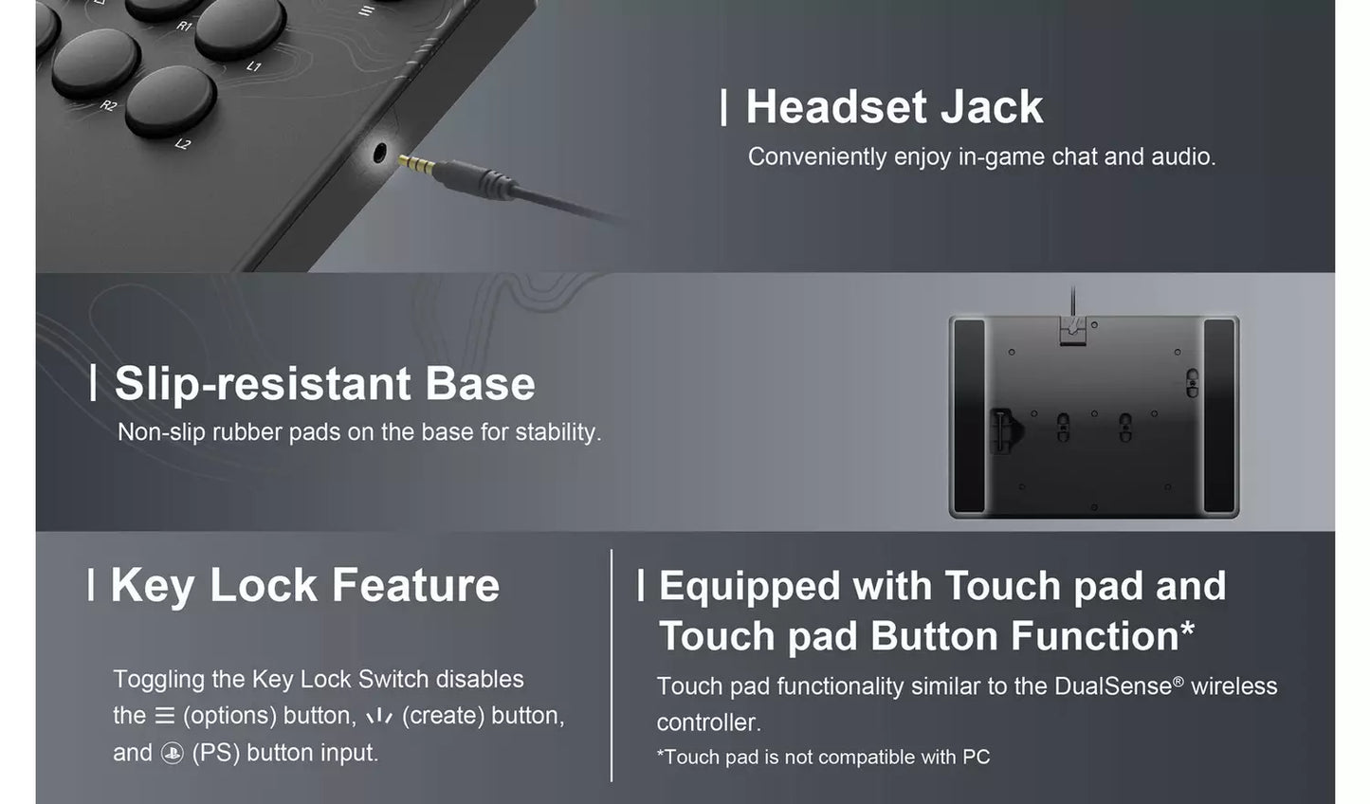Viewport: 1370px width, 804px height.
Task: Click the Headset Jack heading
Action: [x=893, y=107]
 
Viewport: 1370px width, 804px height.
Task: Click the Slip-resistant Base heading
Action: [x=324, y=384]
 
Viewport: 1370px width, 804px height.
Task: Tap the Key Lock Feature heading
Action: [x=304, y=585]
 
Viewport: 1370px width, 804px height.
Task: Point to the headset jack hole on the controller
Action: [x=381, y=152]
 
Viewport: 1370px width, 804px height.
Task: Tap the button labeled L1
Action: [x=241, y=26]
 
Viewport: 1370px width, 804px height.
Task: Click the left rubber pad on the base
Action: [x=969, y=416]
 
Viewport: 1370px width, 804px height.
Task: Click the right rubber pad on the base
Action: [x=1219, y=416]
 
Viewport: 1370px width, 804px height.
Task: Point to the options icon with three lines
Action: [x=164, y=716]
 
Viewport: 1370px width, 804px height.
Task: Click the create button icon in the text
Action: [x=379, y=716]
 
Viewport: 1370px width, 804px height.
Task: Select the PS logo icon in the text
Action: [x=172, y=754]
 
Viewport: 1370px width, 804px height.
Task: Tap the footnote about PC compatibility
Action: [x=823, y=758]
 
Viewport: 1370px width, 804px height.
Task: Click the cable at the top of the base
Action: [x=1072, y=302]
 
